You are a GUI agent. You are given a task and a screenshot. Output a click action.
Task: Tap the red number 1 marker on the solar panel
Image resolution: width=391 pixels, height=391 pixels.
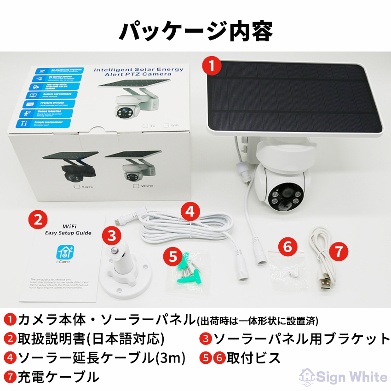pyautogui.click(x=212, y=65)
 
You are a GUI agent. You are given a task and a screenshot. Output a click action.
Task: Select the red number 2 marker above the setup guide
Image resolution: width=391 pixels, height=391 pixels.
pyautogui.click(x=39, y=218)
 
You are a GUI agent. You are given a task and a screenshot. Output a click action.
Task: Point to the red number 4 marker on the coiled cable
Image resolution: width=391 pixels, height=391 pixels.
pyautogui.click(x=190, y=212)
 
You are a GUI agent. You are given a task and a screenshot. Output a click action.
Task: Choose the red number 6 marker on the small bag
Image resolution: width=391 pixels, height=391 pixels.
pyautogui.click(x=287, y=247)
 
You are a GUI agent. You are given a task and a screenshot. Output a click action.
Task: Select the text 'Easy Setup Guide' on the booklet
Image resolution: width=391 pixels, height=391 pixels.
pyautogui.click(x=68, y=233)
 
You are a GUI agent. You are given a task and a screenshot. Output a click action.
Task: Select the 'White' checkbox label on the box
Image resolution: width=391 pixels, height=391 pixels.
pyautogui.click(x=146, y=186)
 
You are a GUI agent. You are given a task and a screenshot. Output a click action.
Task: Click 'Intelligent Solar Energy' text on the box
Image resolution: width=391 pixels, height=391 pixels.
pyautogui.click(x=138, y=69)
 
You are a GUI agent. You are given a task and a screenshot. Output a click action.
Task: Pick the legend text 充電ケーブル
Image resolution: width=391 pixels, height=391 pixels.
pyautogui.click(x=58, y=377)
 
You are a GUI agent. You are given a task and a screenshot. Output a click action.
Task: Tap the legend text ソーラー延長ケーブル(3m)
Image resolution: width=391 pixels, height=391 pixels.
pyautogui.click(x=101, y=357)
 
